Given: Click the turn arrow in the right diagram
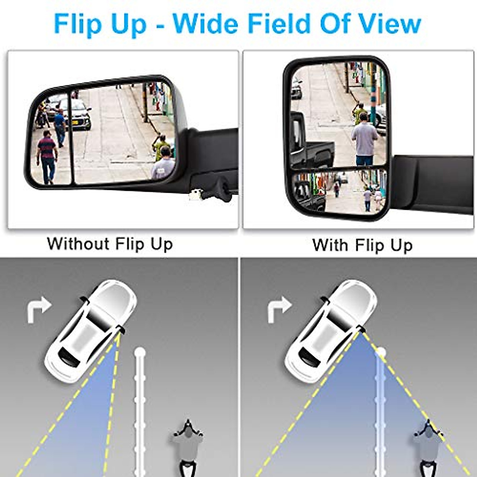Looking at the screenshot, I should click(x=279, y=310).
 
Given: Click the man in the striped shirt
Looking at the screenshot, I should click(x=47, y=156).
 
